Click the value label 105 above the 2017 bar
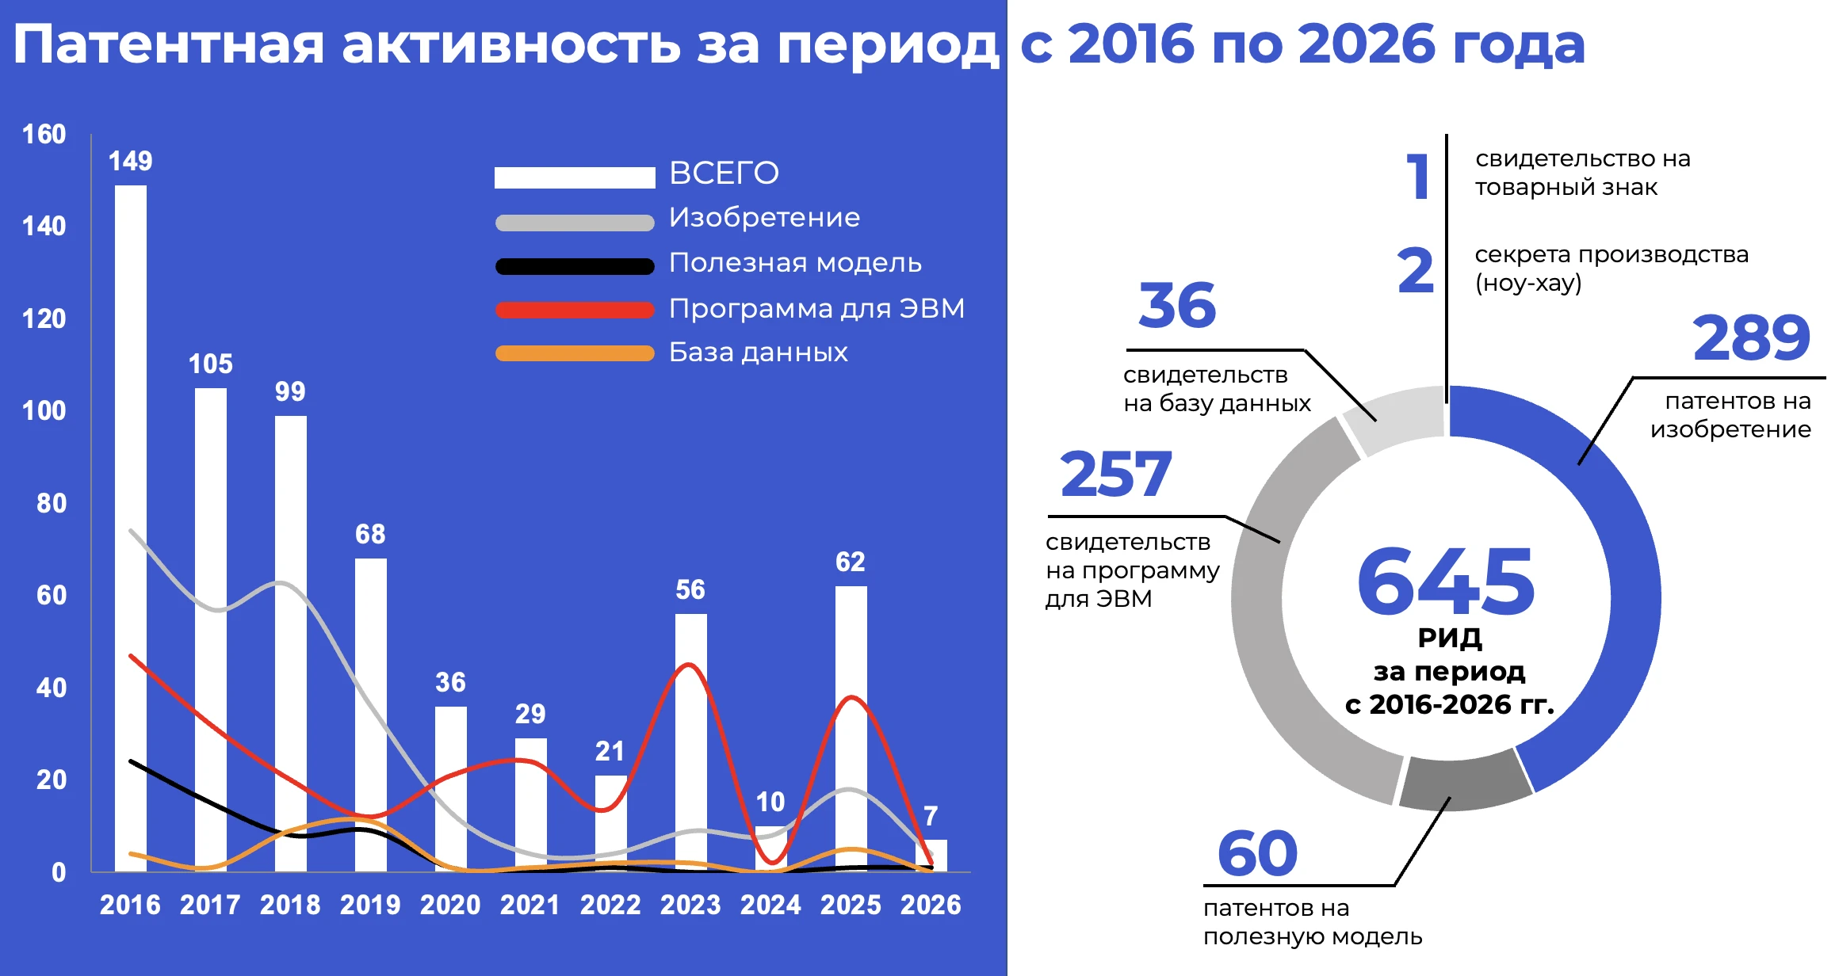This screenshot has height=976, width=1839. [x=211, y=364]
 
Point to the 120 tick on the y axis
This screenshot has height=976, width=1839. [x=44, y=318]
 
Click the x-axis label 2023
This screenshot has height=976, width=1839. [x=690, y=905]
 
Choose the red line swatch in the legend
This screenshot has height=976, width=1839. [x=575, y=310]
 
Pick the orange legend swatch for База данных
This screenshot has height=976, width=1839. [x=575, y=353]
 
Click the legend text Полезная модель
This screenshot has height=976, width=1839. [x=795, y=263]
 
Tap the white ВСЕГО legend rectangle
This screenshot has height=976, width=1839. [x=575, y=177]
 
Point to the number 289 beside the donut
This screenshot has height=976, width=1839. [x=1751, y=338]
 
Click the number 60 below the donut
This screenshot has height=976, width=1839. [x=1257, y=854]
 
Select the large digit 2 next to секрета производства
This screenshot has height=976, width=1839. [x=1416, y=271]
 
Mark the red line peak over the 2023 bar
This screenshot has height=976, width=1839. [x=690, y=665]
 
